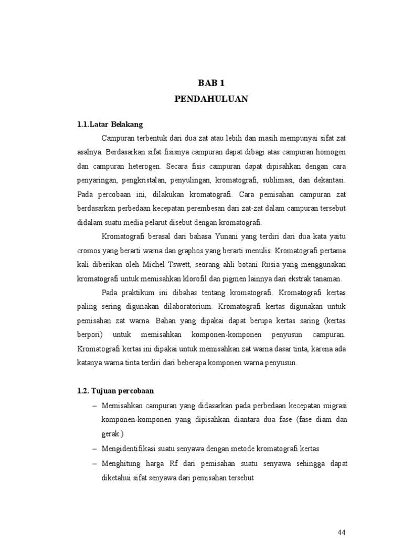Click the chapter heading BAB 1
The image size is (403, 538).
point(211,83)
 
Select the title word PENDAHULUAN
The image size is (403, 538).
point(211,99)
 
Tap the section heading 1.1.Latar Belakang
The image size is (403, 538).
point(110,125)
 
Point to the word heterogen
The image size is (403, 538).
point(142,166)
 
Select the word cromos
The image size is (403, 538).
point(88,250)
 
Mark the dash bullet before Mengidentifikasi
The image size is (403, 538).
point(94,449)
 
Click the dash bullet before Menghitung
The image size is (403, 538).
point(94,464)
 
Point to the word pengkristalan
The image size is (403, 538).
point(144,180)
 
